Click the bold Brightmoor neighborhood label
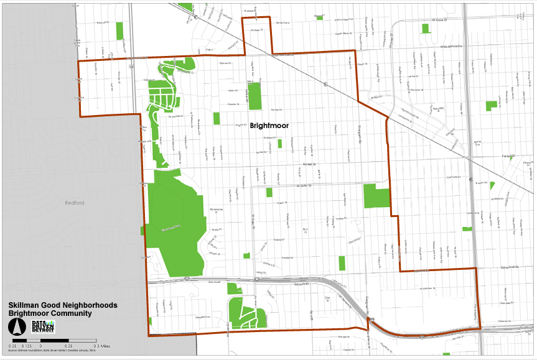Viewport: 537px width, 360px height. point(271,125)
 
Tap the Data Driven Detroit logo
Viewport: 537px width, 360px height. point(44,326)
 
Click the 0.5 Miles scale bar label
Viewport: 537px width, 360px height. point(103,345)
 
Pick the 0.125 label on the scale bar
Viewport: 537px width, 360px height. point(27,345)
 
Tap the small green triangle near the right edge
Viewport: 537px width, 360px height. point(492,185)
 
